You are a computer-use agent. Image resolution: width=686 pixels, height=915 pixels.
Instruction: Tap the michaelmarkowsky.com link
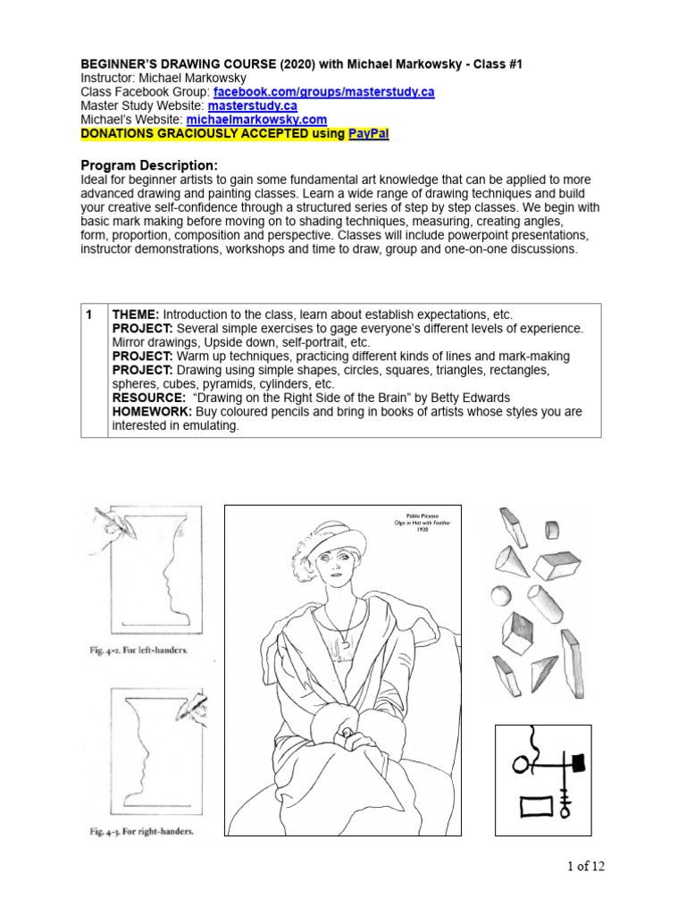point(256,119)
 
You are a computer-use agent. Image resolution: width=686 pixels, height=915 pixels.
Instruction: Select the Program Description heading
point(149,165)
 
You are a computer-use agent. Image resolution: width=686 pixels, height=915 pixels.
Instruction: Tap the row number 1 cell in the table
point(89,315)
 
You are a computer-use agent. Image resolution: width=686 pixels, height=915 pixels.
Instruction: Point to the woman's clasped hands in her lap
point(343,736)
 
